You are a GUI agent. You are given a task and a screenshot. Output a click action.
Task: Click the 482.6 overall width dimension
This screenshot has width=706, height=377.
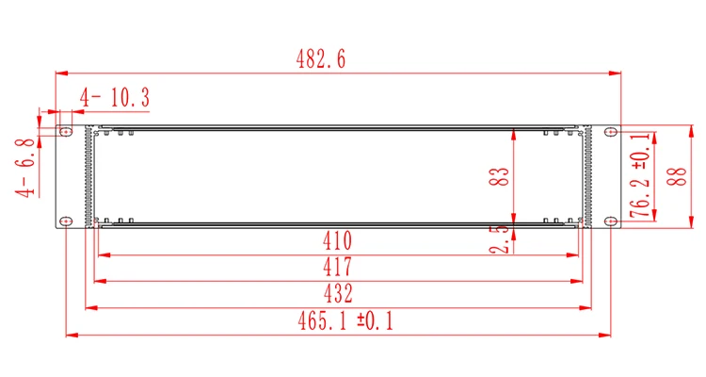tap(322, 58)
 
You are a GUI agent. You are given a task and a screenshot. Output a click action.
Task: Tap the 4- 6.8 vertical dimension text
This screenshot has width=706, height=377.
tap(25, 168)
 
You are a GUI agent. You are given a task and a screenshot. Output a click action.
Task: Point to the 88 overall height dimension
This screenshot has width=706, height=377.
tap(672, 176)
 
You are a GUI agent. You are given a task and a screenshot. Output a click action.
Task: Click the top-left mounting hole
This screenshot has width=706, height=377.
tap(65, 133)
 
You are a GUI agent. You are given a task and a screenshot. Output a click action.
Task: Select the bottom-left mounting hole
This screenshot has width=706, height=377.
tap(65, 221)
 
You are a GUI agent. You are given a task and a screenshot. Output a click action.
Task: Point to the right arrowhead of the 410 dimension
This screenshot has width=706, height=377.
tap(577, 254)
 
